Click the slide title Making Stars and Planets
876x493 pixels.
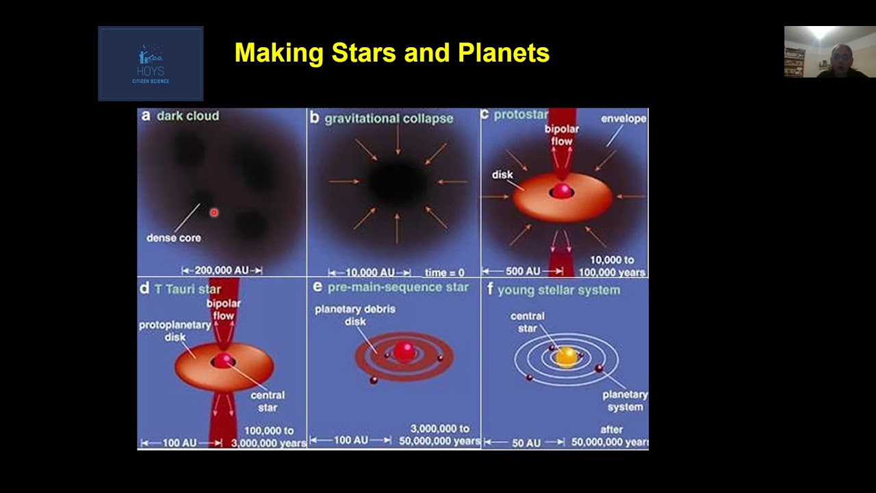click(392, 53)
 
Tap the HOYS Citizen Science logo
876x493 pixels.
click(151, 64)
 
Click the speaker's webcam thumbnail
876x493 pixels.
click(830, 51)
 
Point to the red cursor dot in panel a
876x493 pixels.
click(214, 212)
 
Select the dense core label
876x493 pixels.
click(174, 238)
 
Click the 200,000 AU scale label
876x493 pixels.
click(222, 270)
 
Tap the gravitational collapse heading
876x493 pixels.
click(389, 118)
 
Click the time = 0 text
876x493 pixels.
click(445, 273)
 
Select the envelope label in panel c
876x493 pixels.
click(623, 118)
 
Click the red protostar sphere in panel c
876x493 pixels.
click(562, 191)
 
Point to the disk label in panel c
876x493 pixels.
click(502, 175)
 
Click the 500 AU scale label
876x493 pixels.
click(523, 271)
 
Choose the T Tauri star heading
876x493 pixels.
click(188, 289)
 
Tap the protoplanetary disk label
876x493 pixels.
click(175, 331)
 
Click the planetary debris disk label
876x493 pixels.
click(355, 316)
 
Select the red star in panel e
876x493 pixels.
click(404, 351)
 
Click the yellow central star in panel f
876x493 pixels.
click(566, 357)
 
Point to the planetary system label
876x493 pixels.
click(625, 401)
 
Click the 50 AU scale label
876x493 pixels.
click(526, 443)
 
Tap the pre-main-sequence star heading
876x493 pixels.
click(398, 287)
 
